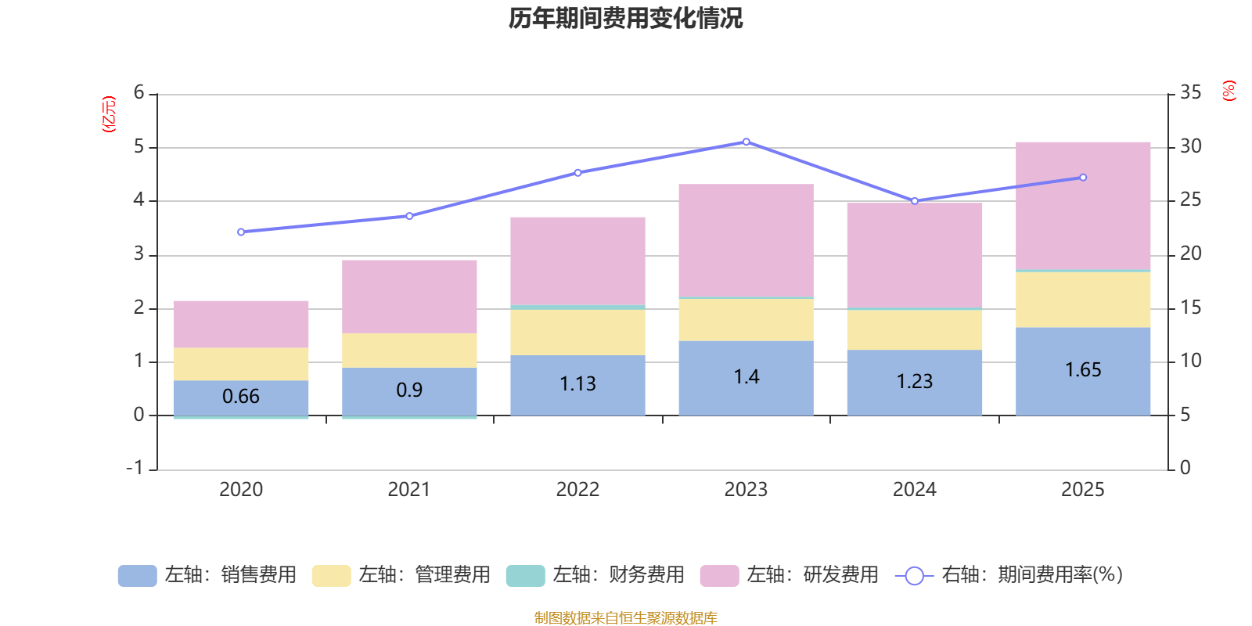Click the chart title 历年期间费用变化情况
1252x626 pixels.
[x=625, y=18]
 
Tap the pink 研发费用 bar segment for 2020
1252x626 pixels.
[x=240, y=324]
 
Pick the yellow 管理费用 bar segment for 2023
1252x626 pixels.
[x=746, y=319]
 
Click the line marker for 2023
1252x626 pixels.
[x=746, y=142]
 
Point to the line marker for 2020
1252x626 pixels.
[x=240, y=232]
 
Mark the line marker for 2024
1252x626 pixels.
[x=914, y=201]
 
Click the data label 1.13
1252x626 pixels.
[x=577, y=384]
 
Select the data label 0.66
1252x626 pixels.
[x=240, y=397]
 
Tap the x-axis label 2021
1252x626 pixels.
[x=408, y=490]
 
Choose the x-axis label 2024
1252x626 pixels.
[x=914, y=490]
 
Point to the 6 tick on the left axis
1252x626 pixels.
[x=139, y=93]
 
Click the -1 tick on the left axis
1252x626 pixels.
[x=135, y=468]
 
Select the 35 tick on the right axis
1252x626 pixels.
[x=1190, y=93]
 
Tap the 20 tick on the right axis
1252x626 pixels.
[x=1190, y=254]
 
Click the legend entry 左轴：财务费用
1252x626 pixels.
[x=595, y=575]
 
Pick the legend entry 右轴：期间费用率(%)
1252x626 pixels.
[x=1009, y=575]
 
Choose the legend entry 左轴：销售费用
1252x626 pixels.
[x=207, y=575]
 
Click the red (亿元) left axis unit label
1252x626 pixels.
[x=109, y=114]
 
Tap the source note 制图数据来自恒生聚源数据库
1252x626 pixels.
[x=625, y=618]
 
